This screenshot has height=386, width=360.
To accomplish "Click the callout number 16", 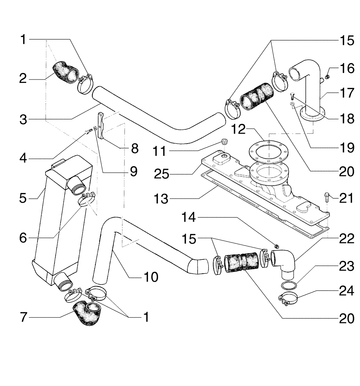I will tap(346, 69).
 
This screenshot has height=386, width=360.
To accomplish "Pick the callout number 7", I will tap(24, 317).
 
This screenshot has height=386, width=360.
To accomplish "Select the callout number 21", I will tap(346, 198).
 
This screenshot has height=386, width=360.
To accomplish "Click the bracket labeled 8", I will tap(101, 125).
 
